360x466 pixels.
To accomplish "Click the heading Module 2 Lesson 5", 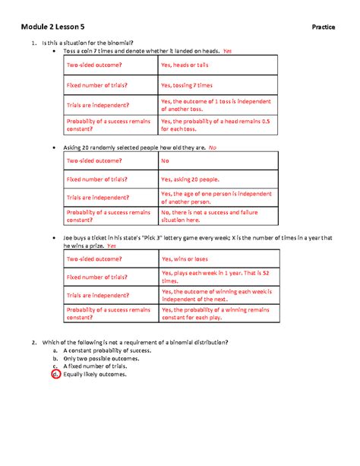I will [x=54, y=28].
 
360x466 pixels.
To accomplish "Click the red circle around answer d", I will [x=55, y=374].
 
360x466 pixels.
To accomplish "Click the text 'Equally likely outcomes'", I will [x=95, y=374].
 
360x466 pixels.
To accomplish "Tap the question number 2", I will [x=34, y=343].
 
